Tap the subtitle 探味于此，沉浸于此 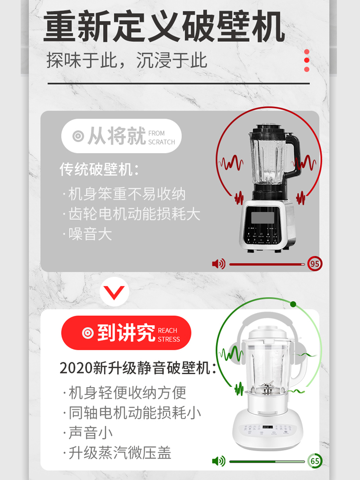127,60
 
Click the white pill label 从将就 121,136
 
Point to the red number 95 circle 315,264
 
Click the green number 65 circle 315,461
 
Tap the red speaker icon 218,264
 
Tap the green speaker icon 218,461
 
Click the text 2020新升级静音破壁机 137,368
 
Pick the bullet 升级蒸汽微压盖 120,453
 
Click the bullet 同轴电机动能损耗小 134,412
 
